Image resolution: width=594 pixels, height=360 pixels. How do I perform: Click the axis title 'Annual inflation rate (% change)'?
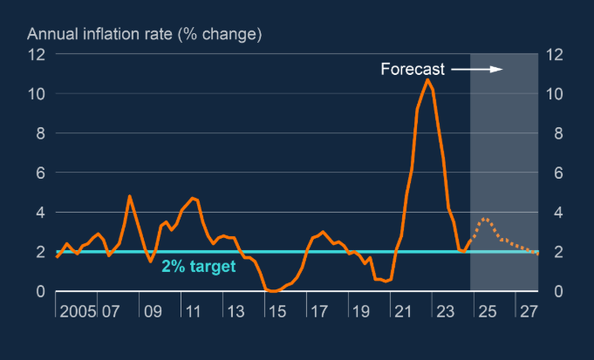145,35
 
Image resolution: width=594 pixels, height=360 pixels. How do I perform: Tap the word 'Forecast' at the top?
413,69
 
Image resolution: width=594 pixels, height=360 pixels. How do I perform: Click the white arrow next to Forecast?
477,69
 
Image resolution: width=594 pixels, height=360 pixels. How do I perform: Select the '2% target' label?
198,267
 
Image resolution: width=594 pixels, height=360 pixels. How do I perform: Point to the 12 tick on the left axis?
36,54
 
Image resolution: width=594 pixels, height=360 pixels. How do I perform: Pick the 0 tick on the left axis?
40,291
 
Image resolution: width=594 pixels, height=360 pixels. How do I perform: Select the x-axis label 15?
276,312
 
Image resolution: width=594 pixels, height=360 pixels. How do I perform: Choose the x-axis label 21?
402,312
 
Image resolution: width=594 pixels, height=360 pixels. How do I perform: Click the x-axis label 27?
528,312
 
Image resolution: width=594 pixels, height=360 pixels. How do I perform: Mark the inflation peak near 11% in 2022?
427,80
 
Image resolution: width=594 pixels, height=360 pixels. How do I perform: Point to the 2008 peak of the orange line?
129,196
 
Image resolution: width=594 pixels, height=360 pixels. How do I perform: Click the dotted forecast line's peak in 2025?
486,218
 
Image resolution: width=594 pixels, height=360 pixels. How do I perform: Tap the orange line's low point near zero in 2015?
273,290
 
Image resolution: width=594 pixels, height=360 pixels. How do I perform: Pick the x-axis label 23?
444,312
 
